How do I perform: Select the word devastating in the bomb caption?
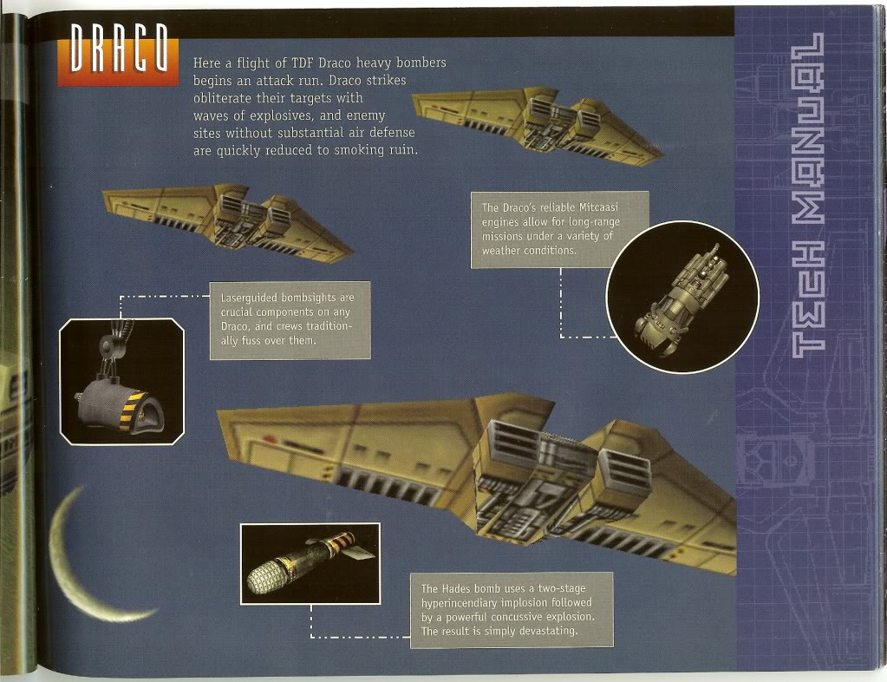[546, 631]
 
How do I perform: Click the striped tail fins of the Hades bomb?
[351, 545]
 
